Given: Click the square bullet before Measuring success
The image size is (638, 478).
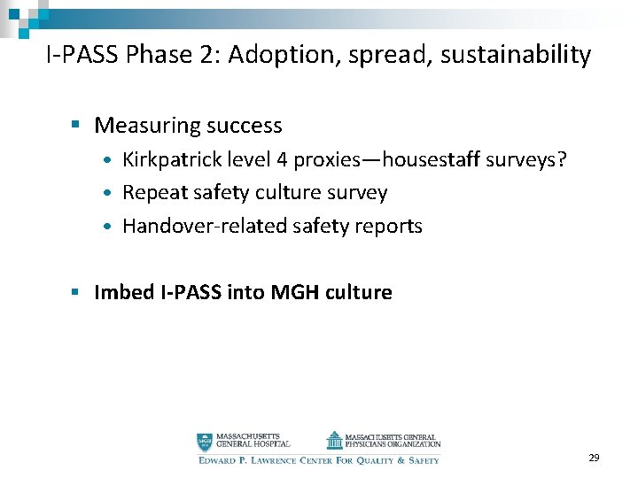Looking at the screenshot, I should point(80,126).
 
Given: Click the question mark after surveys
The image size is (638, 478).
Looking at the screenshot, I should point(561,159).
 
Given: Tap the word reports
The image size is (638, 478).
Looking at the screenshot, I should point(390,226).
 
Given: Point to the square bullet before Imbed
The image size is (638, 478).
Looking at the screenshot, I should point(80,292).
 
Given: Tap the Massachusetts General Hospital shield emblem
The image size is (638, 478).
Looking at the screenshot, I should point(205,441).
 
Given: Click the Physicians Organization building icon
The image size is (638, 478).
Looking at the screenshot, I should point(333,440).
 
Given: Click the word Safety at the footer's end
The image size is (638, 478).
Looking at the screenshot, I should point(423,460).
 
